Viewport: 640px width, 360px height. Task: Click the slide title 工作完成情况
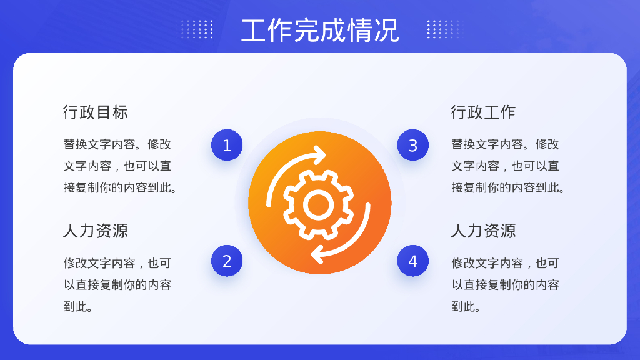coord(320,30)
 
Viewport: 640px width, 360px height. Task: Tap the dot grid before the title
coord(197,29)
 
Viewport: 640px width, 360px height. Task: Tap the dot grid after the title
coord(442,29)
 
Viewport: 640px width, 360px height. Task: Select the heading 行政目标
coord(96,112)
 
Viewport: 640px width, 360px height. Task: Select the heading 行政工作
coord(483,112)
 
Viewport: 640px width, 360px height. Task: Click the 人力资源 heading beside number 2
coord(96,231)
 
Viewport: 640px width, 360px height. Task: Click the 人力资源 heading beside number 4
coord(483,231)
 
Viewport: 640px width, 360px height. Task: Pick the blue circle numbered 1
coord(227,146)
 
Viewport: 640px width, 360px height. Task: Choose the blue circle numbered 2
coord(227,261)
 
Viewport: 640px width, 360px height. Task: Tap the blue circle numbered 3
coord(413,146)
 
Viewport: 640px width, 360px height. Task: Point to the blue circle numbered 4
coord(413,261)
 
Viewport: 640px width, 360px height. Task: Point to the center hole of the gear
coord(318,204)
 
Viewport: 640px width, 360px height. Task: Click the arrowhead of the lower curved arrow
coord(317,254)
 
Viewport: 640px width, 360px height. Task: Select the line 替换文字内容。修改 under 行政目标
coord(117,144)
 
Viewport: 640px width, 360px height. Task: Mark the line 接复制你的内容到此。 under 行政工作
coord(508,187)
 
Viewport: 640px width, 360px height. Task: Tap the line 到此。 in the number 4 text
coord(466,307)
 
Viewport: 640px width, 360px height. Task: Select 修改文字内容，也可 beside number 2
coord(117,263)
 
